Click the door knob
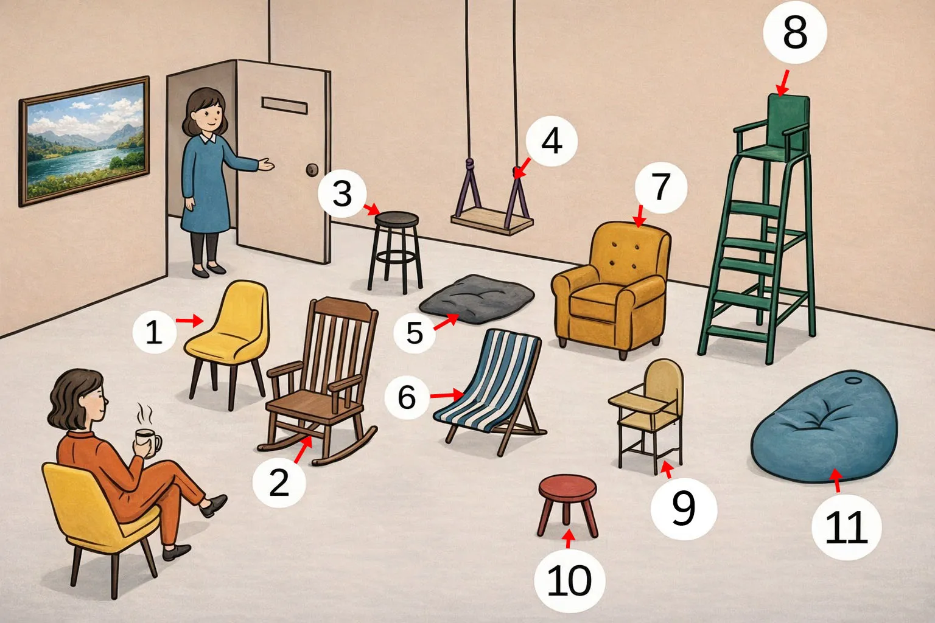(312, 170)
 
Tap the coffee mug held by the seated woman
(148, 442)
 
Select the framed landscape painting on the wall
(85, 141)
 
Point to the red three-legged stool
(568, 504)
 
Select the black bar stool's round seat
(396, 219)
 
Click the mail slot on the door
(285, 106)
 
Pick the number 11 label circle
(847, 527)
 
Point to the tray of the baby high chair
(637, 400)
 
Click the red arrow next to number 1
(189, 321)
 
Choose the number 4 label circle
(552, 142)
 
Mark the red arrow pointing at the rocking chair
(303, 449)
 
